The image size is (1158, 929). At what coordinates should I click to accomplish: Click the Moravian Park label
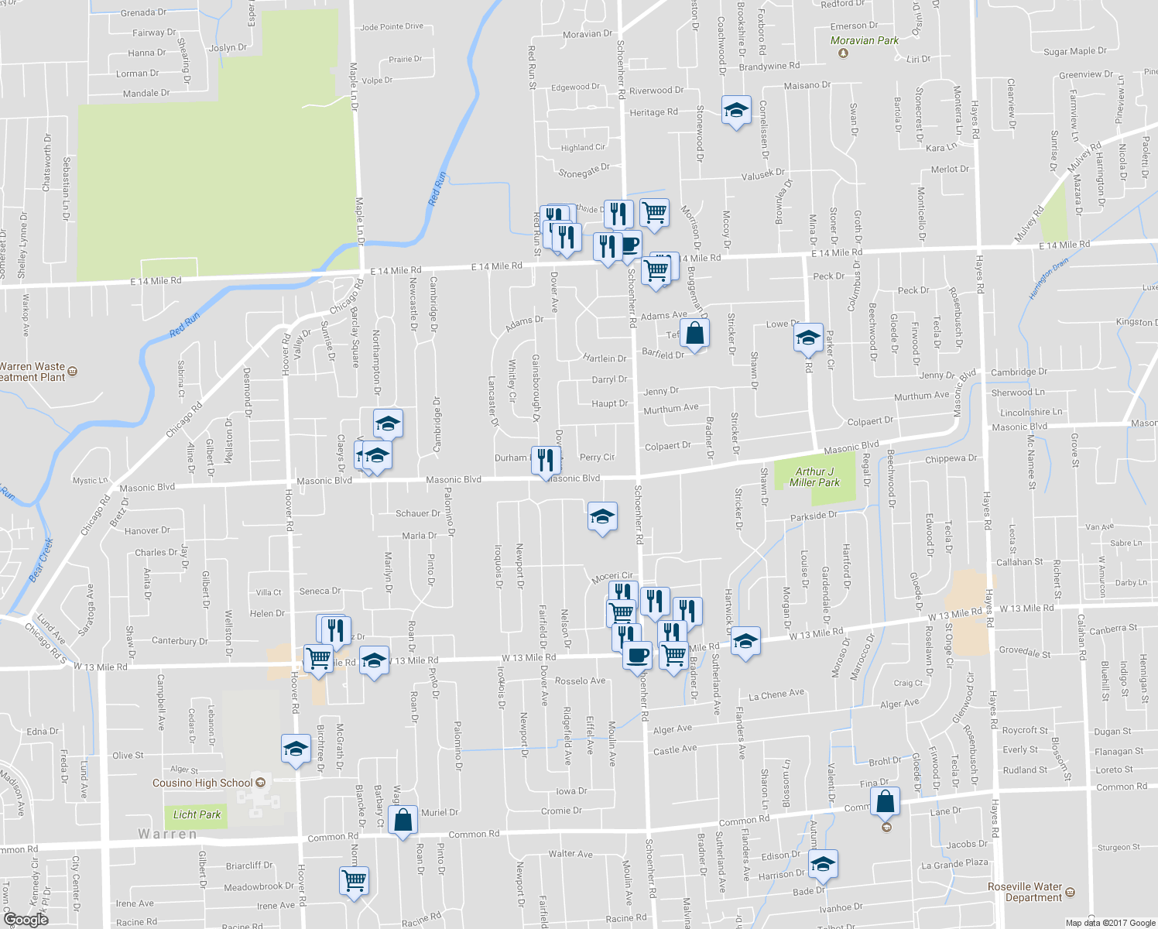(864, 41)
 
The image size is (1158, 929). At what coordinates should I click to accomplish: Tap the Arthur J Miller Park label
(814, 477)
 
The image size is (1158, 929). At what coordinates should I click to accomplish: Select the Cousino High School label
(203, 783)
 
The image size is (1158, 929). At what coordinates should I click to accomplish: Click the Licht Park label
(197, 814)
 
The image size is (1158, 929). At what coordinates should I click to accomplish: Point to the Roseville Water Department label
(1025, 892)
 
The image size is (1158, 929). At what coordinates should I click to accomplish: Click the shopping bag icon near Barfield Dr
(695, 334)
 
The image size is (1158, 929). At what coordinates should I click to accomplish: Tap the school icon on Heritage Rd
(736, 111)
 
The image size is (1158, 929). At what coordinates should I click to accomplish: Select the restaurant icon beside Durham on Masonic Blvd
(546, 460)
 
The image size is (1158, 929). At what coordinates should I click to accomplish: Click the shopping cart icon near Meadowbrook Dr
(354, 879)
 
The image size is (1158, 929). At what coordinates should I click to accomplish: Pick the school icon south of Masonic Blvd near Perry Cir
(602, 517)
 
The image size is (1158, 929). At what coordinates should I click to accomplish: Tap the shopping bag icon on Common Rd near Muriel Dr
(403, 820)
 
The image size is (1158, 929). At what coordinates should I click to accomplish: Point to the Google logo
(26, 919)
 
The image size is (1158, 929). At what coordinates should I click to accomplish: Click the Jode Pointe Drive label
(392, 27)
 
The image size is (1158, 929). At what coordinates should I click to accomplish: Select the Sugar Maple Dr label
(1075, 52)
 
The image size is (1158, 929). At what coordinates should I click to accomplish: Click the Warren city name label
(167, 834)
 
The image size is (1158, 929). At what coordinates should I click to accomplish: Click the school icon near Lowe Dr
(807, 338)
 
